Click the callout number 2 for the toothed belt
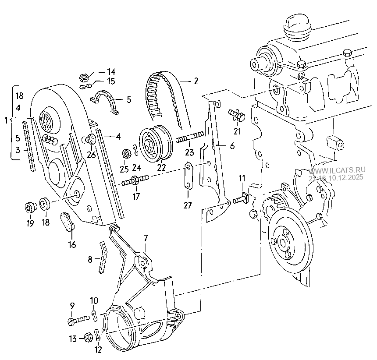click(x=196, y=81)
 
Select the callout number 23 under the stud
click(x=189, y=153)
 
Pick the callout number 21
click(x=237, y=131)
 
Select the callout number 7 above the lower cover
click(x=146, y=238)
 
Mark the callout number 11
click(x=242, y=178)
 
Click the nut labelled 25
click(x=124, y=153)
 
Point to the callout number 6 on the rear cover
click(x=232, y=146)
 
